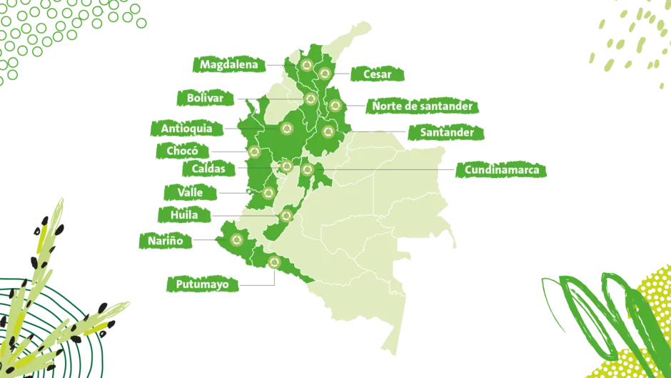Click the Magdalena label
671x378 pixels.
(x=228, y=64)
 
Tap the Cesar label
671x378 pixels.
(x=377, y=74)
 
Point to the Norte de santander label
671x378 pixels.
(x=421, y=106)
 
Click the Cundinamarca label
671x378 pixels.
(x=501, y=170)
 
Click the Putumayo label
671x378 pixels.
(x=202, y=284)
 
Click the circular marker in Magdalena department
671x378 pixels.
(x=307, y=66)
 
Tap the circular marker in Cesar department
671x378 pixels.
(x=326, y=73)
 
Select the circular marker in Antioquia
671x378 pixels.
(x=287, y=129)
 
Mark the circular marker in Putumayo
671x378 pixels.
(x=273, y=262)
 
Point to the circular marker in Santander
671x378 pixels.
(x=328, y=131)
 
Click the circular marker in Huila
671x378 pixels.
(x=286, y=214)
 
